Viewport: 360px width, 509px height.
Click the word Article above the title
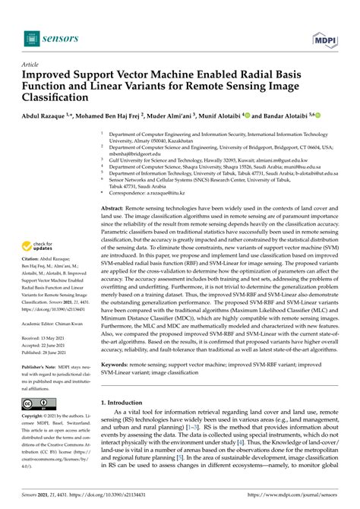pos(31,66)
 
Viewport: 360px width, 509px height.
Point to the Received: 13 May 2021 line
pos(51,358)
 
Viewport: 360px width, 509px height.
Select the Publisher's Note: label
pos(41,389)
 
